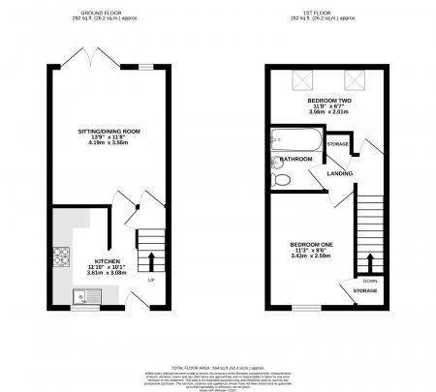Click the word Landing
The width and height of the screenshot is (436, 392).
[x=340, y=174]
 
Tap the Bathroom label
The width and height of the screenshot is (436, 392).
[x=296, y=161]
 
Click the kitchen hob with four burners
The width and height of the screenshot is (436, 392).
[x=63, y=256]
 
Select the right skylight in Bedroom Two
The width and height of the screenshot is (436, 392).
[x=356, y=81]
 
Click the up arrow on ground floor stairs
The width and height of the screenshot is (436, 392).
[x=150, y=260]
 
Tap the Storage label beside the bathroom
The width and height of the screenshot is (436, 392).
[x=365, y=145]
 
